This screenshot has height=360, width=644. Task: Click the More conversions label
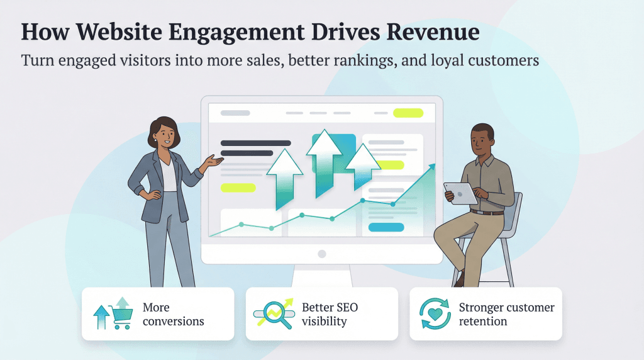pos(173,314)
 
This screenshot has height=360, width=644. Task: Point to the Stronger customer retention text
pos(506,314)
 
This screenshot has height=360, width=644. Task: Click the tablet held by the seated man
pos(460,193)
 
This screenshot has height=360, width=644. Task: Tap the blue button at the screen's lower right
pos(385,227)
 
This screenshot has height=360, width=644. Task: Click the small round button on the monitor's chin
pos(322,254)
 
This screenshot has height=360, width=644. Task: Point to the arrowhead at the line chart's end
pos(431,167)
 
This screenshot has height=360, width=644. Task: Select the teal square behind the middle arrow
pos(334,153)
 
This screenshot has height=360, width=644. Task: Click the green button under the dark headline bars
pos(238,188)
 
